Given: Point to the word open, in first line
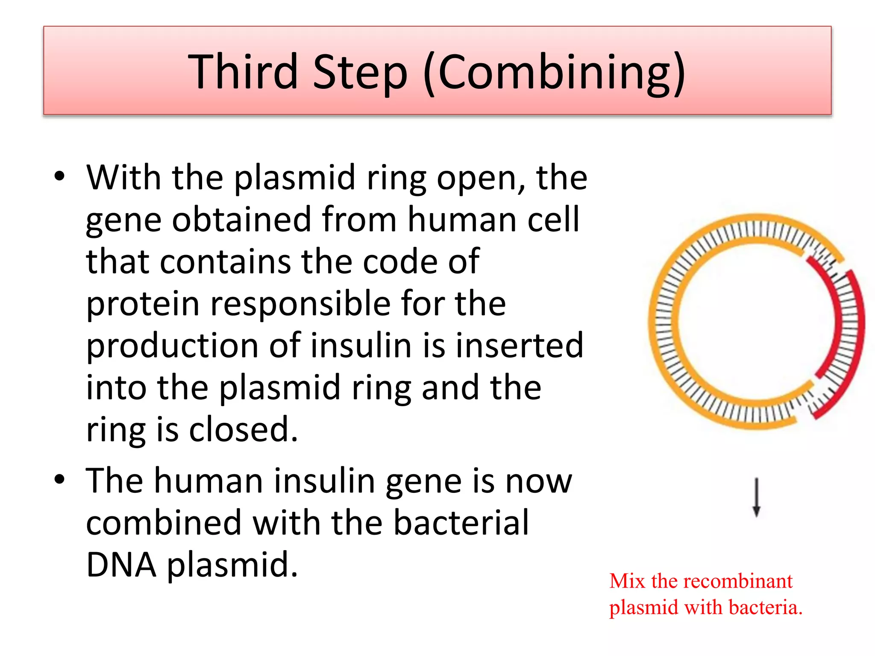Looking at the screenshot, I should coord(482,178).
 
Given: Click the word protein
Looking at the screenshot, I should coord(143,304).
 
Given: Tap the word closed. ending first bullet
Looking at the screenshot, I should coord(243,429).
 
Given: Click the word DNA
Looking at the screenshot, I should coord(121,564).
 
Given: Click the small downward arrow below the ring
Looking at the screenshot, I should coord(756,498).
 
